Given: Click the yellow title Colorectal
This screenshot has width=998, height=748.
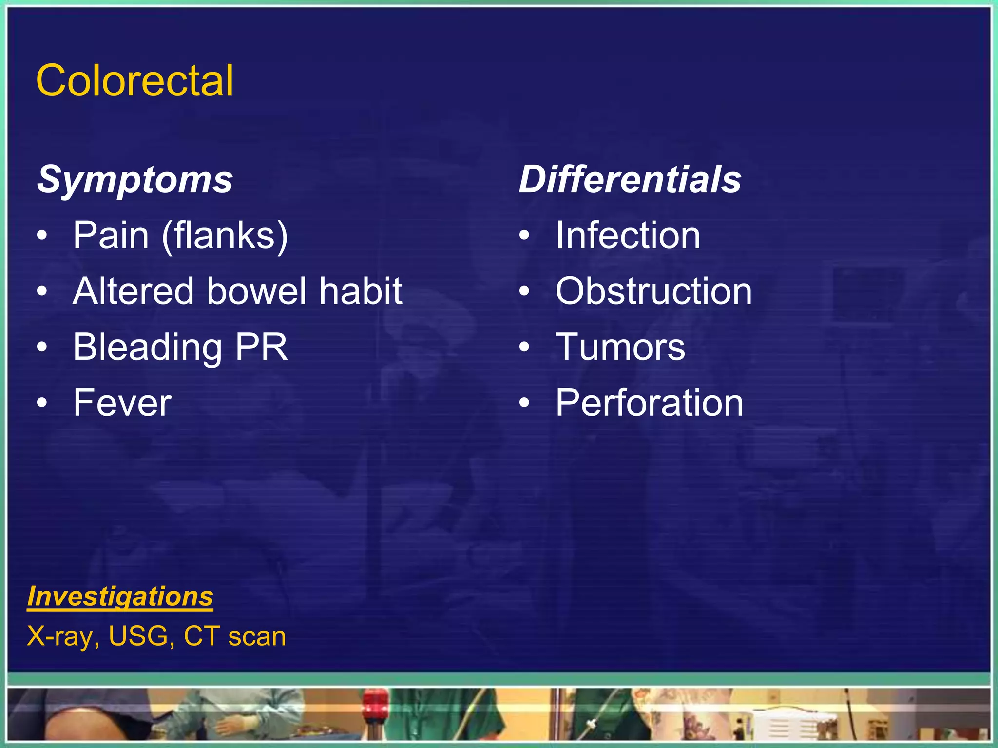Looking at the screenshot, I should pos(134,80).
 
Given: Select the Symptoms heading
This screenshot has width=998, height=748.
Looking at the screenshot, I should pos(135,180).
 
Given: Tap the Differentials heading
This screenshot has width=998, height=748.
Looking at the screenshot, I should pos(630,180).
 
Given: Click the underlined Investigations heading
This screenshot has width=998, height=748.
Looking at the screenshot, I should pos(120,597).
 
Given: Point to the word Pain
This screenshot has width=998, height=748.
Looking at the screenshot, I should pos(111,236).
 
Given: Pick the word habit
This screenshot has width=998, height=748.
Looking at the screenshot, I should pos(361,291).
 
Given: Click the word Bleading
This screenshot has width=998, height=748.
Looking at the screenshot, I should pos(148,348).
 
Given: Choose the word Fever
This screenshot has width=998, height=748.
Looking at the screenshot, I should pos(122,403).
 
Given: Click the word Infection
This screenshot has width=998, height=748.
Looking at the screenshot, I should pos(628,236).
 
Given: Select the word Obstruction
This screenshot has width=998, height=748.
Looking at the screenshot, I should pos(653,291).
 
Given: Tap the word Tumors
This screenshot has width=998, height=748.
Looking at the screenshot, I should pos(620,347).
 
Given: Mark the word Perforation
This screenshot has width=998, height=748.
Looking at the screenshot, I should pos(649,403).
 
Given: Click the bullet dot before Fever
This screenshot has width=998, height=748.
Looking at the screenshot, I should pos(42,403).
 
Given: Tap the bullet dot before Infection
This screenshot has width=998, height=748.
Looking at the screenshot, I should pos(524,236).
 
